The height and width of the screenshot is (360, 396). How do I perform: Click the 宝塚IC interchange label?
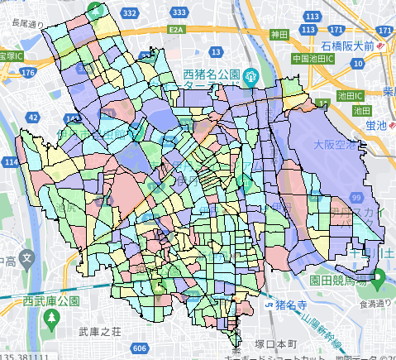11,55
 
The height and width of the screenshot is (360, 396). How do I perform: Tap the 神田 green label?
279,35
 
